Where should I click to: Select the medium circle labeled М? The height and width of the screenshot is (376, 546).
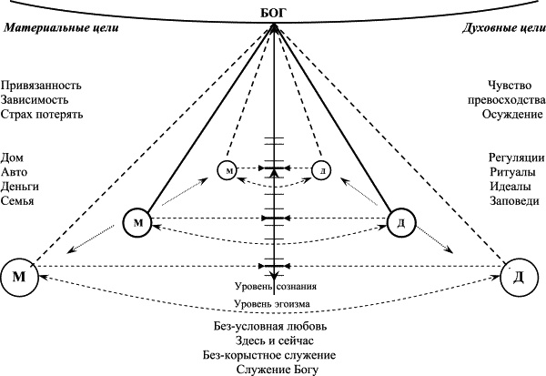tap(137, 223)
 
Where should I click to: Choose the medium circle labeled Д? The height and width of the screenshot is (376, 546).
tap(401, 223)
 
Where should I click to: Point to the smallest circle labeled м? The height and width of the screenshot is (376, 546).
tap(228, 169)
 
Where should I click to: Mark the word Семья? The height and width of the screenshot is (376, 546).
tap(19, 200)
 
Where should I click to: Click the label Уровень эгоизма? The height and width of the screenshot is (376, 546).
tap(274, 304)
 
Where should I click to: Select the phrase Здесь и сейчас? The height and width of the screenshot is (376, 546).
tap(274, 340)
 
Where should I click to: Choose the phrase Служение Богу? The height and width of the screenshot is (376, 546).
tap(274, 369)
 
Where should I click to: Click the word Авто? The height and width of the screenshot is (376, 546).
tap(15, 171)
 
